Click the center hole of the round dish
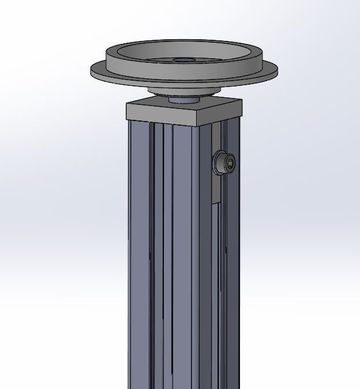(x=183, y=60)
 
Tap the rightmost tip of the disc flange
(x=277, y=70)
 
